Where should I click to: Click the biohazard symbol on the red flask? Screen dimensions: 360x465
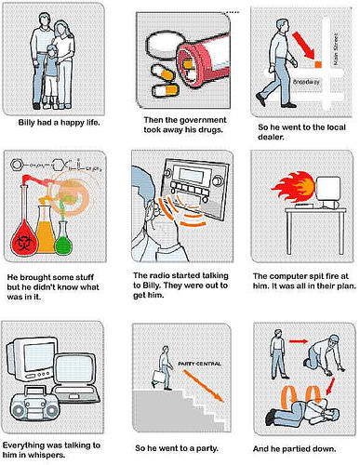[23, 242]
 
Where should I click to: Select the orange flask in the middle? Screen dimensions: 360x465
[46, 230]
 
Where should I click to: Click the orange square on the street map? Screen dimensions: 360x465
[318, 64]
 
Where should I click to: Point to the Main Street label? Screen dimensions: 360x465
[335, 49]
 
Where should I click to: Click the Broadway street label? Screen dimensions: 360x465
[306, 82]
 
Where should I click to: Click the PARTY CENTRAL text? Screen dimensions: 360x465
[200, 364]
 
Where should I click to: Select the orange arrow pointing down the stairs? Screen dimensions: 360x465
[203, 386]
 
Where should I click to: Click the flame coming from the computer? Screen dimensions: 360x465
[294, 187]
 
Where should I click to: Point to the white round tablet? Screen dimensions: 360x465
[166, 46]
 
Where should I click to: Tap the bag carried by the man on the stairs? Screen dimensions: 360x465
[158, 377]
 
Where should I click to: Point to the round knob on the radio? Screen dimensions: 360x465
[217, 180]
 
